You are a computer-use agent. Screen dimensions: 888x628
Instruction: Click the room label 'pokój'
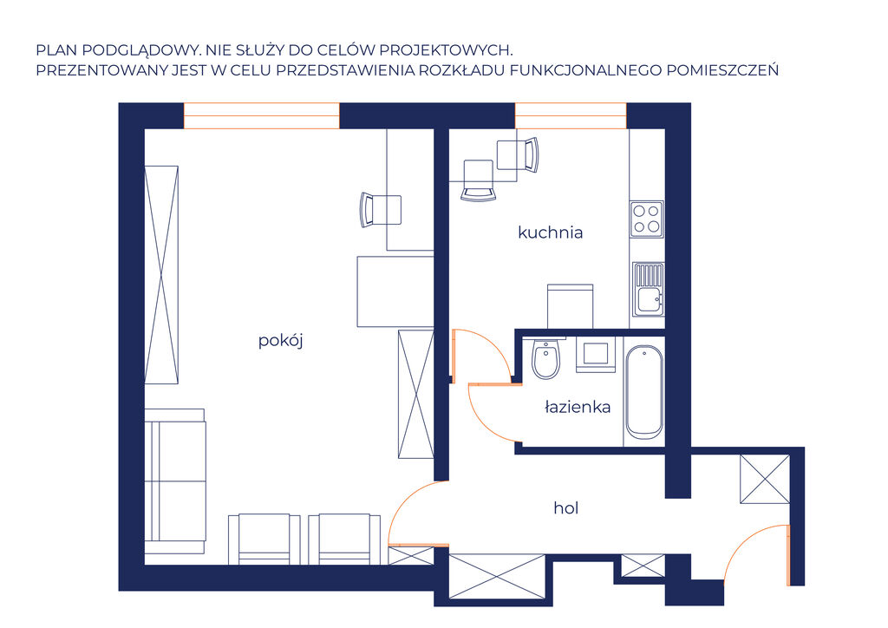coord(280,341)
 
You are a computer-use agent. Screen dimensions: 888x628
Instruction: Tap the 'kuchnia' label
coord(550,232)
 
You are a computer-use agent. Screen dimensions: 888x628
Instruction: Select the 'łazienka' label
coord(577,407)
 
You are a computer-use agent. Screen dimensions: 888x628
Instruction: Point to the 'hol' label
coord(565,508)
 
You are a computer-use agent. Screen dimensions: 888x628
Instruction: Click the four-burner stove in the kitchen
coord(647,219)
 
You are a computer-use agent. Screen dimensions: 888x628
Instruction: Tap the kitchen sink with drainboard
coord(648,289)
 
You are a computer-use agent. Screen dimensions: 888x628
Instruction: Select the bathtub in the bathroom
coord(644,392)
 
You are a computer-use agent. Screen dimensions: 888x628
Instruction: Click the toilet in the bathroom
coord(546,358)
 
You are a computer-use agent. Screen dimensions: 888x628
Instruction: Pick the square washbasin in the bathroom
coord(595,355)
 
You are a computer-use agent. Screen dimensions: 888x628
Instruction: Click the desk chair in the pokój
coord(381,210)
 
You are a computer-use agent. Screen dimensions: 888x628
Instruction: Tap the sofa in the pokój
coord(175,481)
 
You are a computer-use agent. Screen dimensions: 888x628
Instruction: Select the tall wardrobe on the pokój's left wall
coord(161,275)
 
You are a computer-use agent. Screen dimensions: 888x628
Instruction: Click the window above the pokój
coord(262,115)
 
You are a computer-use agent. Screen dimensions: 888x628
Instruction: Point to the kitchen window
coord(571,115)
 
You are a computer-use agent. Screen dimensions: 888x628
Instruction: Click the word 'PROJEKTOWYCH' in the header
coord(444,49)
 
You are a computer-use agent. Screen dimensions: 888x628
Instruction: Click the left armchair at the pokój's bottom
coord(264,540)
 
